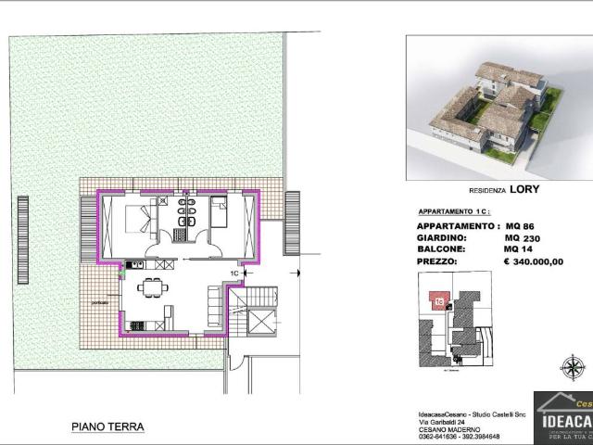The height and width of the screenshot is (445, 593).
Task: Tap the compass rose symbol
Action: click(x=574, y=367)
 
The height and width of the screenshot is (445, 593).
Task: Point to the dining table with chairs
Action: click(x=154, y=287)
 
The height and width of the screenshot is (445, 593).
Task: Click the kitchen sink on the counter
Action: click(x=134, y=264)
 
